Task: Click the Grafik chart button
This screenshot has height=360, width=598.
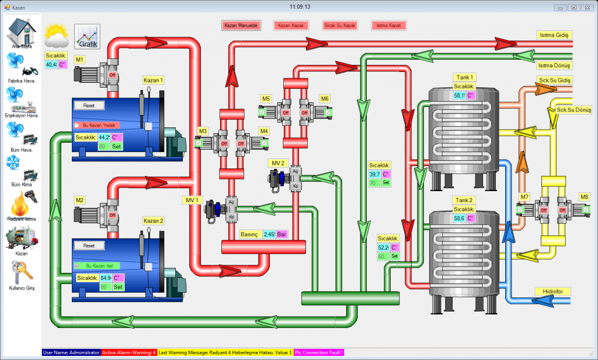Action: [x=87, y=37]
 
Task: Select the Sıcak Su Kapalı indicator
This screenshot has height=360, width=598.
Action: [x=340, y=26]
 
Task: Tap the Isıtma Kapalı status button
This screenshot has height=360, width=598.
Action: [x=388, y=26]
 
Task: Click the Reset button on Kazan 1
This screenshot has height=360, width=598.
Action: [x=89, y=106]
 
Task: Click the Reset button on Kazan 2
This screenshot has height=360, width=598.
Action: [x=89, y=246]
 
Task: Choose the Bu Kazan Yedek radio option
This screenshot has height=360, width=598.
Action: [x=77, y=125]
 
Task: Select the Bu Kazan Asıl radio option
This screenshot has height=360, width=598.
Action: [x=77, y=265]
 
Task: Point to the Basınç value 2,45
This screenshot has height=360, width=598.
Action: [x=269, y=234]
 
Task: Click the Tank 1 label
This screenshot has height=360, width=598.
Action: [x=464, y=77]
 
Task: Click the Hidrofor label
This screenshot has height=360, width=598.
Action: [x=552, y=291]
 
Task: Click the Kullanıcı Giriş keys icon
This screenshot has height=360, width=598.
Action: [x=22, y=273]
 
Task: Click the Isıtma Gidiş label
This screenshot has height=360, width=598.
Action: [x=554, y=35]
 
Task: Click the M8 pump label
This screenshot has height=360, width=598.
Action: [x=585, y=196]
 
